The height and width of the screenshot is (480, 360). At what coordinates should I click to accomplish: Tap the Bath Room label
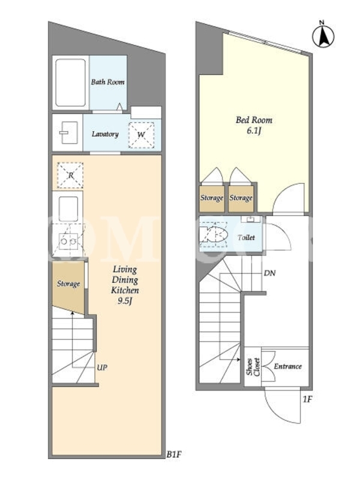(108, 82)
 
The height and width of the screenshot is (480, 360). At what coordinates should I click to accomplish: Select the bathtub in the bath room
(70, 83)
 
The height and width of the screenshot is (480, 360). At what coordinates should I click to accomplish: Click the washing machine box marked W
(141, 135)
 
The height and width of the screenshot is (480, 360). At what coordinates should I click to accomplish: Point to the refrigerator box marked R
(70, 175)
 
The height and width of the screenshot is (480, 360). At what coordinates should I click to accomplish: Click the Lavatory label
(105, 134)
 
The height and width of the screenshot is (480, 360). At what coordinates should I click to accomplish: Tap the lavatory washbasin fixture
(68, 133)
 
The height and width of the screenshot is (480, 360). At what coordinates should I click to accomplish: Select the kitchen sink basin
(68, 209)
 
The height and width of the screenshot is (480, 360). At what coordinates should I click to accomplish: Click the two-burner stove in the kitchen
(68, 241)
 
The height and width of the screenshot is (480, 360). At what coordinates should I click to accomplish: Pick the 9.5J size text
(125, 301)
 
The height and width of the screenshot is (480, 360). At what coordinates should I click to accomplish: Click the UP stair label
(102, 367)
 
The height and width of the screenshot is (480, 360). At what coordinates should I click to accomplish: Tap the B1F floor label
(174, 455)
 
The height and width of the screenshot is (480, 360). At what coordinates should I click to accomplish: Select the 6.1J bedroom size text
(254, 131)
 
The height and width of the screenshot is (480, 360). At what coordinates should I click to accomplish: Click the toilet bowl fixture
(214, 236)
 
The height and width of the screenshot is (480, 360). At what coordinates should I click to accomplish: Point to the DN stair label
(269, 273)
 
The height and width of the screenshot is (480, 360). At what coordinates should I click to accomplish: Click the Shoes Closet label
(253, 367)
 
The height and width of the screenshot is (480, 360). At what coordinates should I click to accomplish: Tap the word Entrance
(288, 367)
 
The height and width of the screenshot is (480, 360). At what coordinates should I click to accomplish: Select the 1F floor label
(307, 399)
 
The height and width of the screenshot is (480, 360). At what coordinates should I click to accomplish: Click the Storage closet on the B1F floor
(68, 287)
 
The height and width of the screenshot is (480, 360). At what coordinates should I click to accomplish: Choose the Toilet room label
(246, 238)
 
